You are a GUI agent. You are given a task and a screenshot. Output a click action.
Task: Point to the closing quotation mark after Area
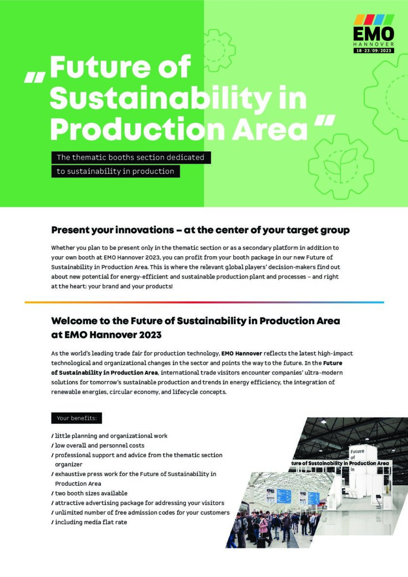coord(324,122)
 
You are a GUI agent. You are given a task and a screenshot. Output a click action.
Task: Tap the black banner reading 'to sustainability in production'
coord(116,171)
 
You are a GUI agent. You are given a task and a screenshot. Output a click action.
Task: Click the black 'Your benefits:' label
coord(76,418)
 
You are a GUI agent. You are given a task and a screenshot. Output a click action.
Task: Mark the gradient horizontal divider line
coord(204,302)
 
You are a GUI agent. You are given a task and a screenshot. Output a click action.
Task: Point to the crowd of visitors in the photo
coord(272,524)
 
